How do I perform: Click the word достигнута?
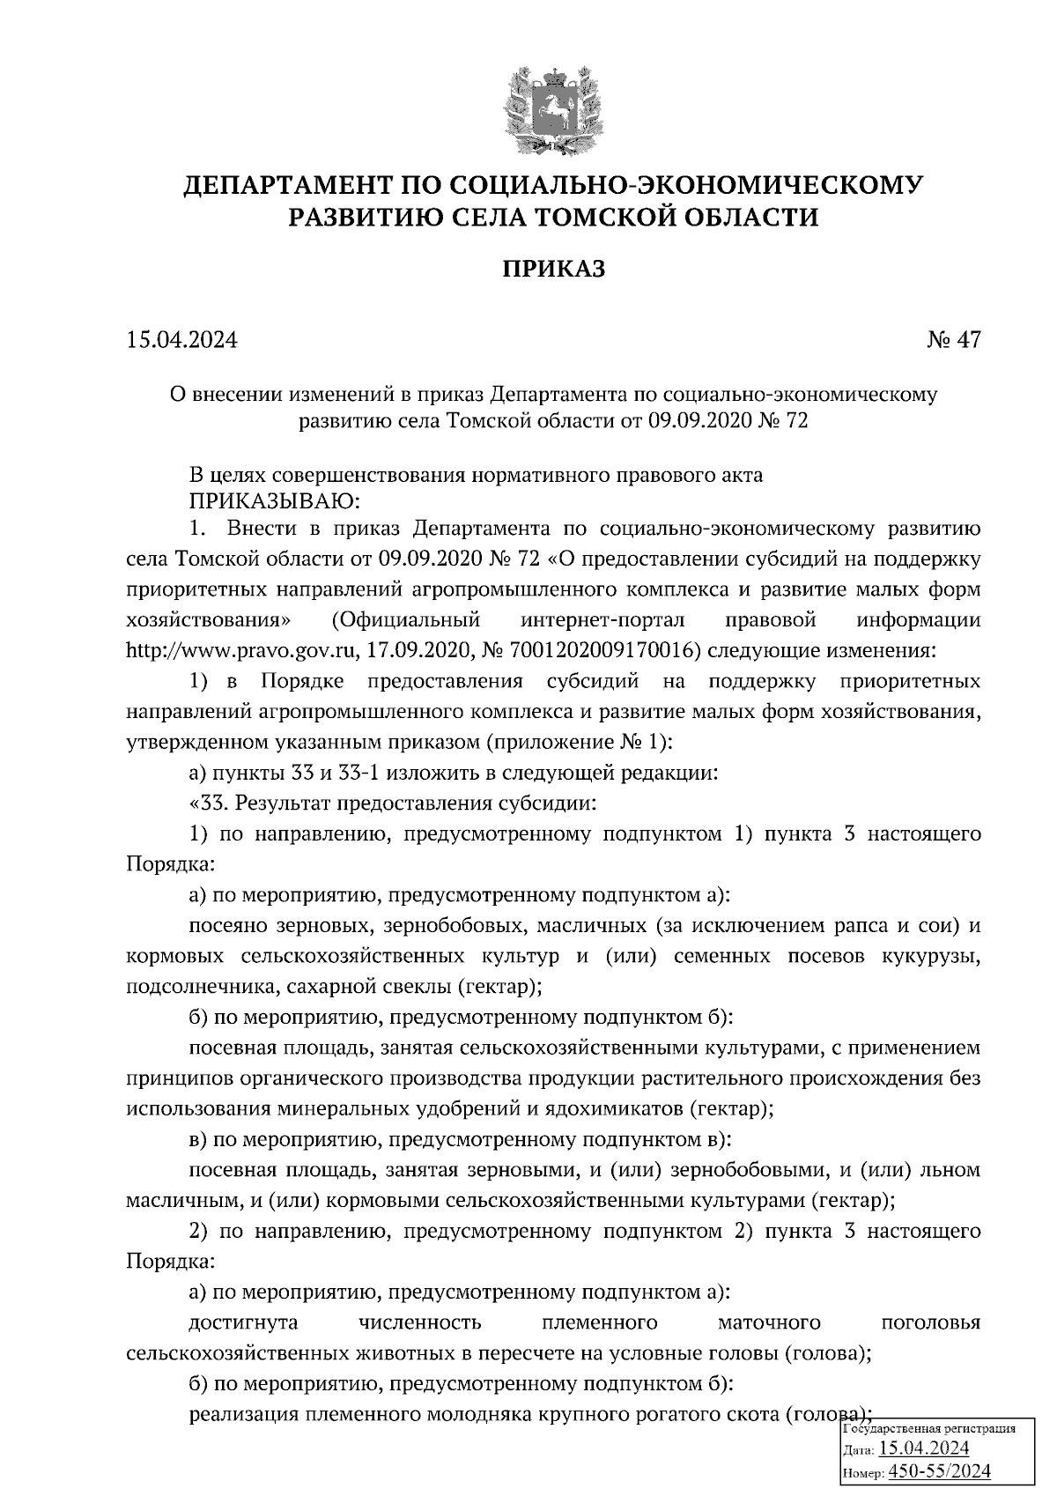pos(243,1322)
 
